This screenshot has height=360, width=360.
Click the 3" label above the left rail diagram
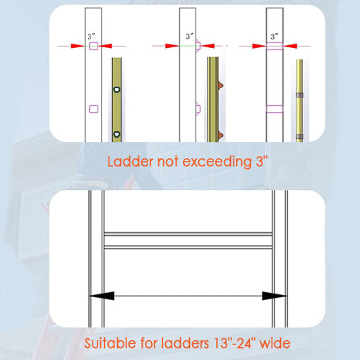point(91,37)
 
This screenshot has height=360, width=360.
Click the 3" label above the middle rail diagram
point(189,36)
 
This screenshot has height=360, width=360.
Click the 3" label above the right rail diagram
point(274,36)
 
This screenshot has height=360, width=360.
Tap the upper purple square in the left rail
point(94,46)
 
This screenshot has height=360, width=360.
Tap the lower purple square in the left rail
point(94,109)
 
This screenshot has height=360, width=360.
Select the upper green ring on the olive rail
point(116,90)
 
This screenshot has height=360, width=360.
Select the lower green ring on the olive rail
point(116,135)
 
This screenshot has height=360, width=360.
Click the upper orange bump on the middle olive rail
point(220,85)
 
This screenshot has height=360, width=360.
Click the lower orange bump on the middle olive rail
point(220,135)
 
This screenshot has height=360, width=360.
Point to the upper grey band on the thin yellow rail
point(299,95)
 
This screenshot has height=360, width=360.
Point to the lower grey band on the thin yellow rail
point(299,136)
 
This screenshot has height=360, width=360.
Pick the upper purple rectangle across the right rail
point(275,46)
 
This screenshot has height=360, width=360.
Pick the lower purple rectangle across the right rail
point(275,109)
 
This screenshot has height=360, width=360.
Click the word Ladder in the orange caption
point(130,162)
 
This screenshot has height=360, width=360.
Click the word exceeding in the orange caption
point(217,162)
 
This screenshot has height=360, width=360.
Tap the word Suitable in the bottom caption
point(111,343)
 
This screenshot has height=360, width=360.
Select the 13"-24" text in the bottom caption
point(235,343)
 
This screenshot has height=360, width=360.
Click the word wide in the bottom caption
point(275,343)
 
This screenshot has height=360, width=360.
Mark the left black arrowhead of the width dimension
point(102,296)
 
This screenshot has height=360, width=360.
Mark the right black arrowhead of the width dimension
point(275,296)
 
